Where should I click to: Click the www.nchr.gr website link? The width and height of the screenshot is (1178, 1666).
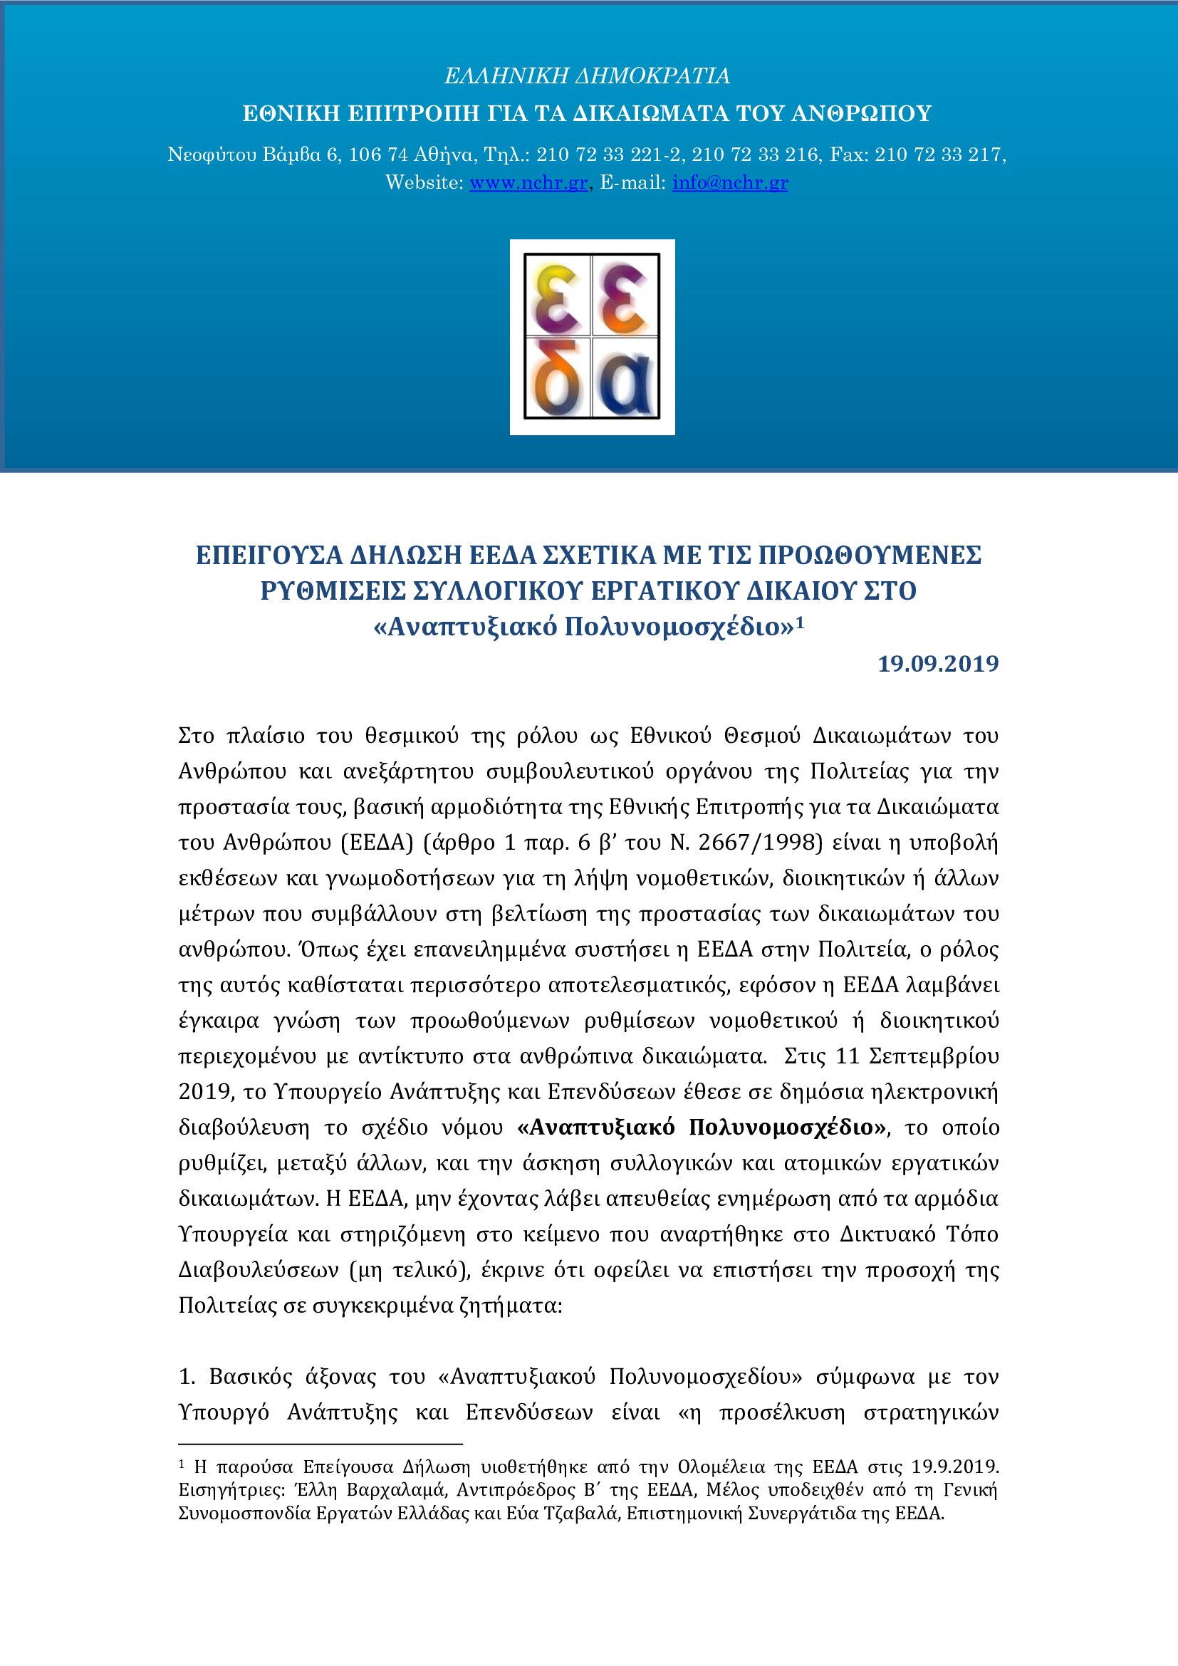pos(528,182)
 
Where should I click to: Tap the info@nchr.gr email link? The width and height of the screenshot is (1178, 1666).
pos(730,182)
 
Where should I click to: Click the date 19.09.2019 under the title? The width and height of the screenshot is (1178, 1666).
pos(938,664)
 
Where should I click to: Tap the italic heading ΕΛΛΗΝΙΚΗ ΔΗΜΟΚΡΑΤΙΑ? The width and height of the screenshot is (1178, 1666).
pos(587,76)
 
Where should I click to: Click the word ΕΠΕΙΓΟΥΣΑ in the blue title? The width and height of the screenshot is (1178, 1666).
pos(269,556)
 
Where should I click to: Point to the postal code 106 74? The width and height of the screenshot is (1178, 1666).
pos(378,155)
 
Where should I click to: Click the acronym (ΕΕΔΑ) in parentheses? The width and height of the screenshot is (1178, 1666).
pos(377,843)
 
